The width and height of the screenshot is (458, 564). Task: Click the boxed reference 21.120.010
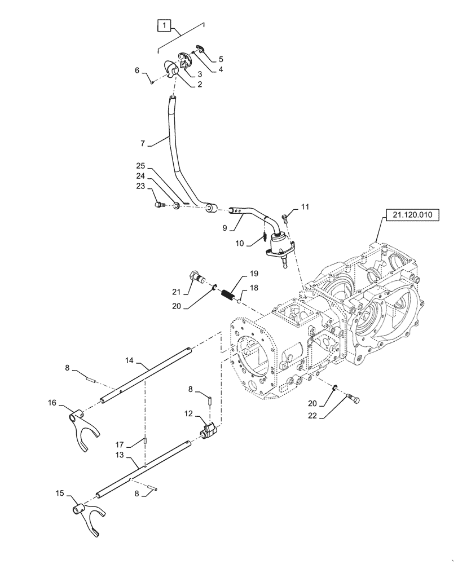[408, 215]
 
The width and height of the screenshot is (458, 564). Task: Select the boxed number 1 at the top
[162, 26]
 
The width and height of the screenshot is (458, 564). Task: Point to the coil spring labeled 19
[228, 295]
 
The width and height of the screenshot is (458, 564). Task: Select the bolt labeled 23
[159, 205]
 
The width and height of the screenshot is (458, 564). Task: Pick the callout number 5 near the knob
[221, 58]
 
